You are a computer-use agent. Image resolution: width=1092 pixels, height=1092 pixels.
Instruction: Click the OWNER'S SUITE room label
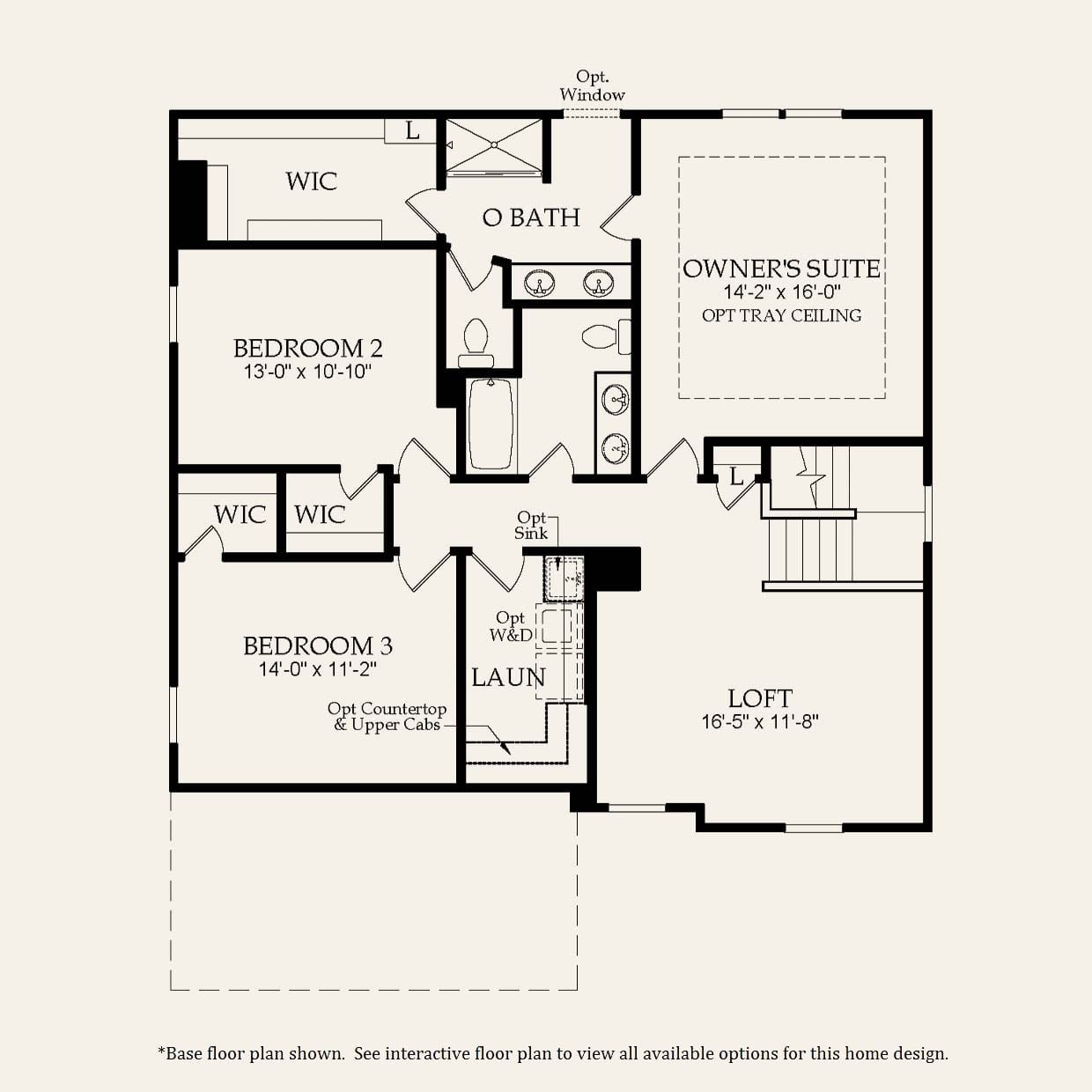tap(781, 269)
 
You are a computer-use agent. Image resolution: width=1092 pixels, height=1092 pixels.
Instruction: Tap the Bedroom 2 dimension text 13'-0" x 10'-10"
tap(307, 372)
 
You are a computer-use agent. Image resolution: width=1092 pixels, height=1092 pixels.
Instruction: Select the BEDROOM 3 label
tap(317, 646)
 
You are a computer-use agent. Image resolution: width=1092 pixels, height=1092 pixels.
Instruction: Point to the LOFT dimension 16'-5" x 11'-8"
tap(760, 722)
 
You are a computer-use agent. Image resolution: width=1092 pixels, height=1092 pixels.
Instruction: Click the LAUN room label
tap(508, 677)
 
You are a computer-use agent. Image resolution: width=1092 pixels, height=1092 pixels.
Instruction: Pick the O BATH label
tap(531, 218)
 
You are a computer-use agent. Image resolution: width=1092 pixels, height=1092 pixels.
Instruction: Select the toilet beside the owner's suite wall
tap(606, 336)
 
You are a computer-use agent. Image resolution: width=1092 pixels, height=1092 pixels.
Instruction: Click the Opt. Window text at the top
tap(592, 86)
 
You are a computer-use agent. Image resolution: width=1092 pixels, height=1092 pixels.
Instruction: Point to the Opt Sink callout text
tap(531, 525)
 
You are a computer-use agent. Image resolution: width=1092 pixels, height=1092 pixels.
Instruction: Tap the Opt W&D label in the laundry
tap(510, 626)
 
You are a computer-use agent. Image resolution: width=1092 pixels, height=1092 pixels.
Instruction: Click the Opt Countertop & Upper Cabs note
tap(387, 717)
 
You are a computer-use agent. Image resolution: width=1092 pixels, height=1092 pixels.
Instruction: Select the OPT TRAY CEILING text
tap(781, 315)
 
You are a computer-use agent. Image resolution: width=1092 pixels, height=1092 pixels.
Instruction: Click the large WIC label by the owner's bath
tap(311, 181)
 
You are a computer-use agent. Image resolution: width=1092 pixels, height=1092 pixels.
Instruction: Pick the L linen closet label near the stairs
tap(736, 477)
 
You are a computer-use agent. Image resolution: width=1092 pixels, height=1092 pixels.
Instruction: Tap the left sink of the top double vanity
tap(538, 284)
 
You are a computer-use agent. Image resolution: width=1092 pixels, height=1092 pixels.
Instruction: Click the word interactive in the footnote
tap(427, 1053)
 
